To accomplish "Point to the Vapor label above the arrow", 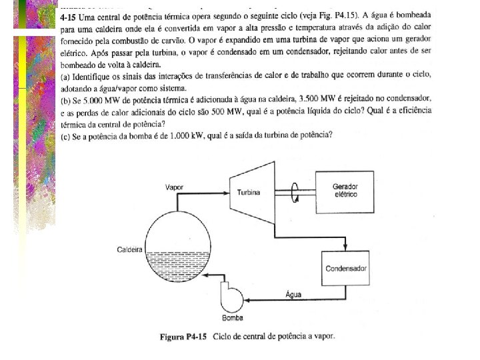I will point(175,187).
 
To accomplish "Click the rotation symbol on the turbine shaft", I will point(294,190).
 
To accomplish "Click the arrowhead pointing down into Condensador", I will point(345,247).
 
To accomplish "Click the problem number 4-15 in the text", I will point(69,16).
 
